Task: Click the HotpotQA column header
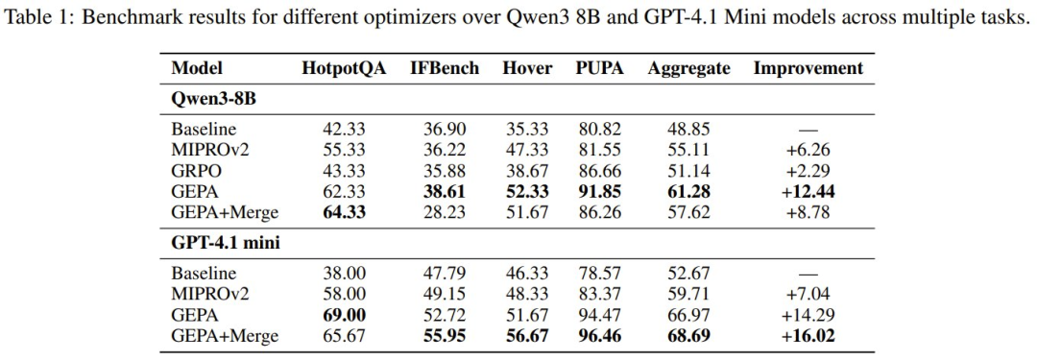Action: point(343,68)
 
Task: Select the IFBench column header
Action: point(445,68)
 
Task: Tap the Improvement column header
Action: point(808,69)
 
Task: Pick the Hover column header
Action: point(527,68)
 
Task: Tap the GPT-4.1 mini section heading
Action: point(226,242)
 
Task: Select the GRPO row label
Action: point(196,170)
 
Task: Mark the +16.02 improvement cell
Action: point(808,335)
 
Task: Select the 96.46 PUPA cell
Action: point(599,335)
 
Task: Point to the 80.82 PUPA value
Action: point(599,129)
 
